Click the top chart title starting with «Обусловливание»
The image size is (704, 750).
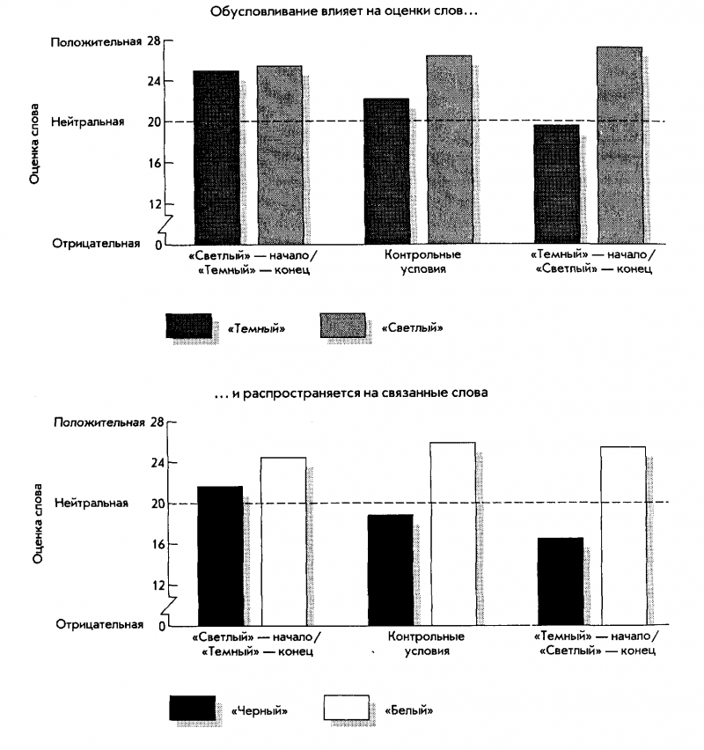pos(343,13)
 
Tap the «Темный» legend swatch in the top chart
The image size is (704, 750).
pos(188,327)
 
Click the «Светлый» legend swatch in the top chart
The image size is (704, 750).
pos(342,327)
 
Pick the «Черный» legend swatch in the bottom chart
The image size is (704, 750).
pos(192,708)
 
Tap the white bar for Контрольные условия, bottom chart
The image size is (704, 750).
pos(452,533)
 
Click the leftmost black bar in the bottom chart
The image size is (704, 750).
pos(220,555)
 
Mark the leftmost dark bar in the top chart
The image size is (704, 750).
pos(216,157)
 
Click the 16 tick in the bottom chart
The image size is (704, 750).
pos(155,544)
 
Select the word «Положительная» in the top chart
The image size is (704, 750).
pos(96,41)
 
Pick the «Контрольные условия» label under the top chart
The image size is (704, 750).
pos(423,261)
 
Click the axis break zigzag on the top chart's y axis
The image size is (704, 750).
pos(162,224)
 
